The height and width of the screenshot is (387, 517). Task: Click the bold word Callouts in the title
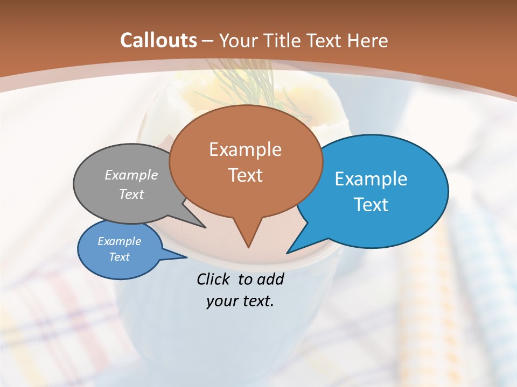(x=158, y=40)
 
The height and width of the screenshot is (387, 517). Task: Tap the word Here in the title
(x=367, y=40)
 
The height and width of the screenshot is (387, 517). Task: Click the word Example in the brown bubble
(x=245, y=149)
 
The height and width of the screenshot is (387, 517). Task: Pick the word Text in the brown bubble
(x=245, y=175)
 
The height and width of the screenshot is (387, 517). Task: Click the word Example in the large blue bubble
(x=371, y=179)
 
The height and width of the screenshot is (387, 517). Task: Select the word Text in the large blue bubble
(x=371, y=205)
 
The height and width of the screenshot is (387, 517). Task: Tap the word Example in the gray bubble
(x=131, y=175)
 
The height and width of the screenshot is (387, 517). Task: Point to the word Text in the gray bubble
(x=131, y=195)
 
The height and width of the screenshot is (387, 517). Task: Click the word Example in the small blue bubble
(x=119, y=241)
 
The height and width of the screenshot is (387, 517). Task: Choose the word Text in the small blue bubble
(x=119, y=257)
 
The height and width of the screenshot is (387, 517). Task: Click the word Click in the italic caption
(x=214, y=279)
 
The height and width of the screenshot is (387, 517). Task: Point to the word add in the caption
(x=270, y=279)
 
